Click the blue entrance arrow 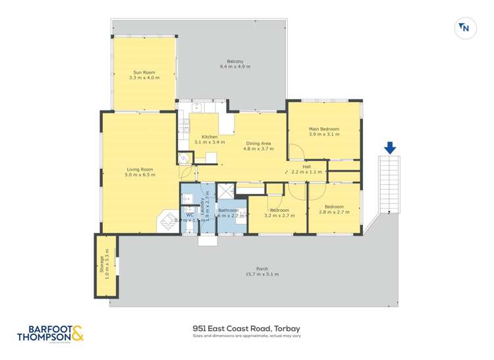click(x=390, y=148)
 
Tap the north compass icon click(x=464, y=28)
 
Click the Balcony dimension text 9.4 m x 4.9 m click(x=234, y=67)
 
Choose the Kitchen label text click(x=200, y=137)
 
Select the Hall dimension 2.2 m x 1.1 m click(x=306, y=172)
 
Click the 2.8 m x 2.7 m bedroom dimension click(x=334, y=213)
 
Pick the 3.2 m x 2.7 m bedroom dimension click(x=277, y=215)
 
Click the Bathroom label click(x=229, y=210)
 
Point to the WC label click(x=190, y=215)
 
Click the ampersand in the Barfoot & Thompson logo click(x=76, y=334)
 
